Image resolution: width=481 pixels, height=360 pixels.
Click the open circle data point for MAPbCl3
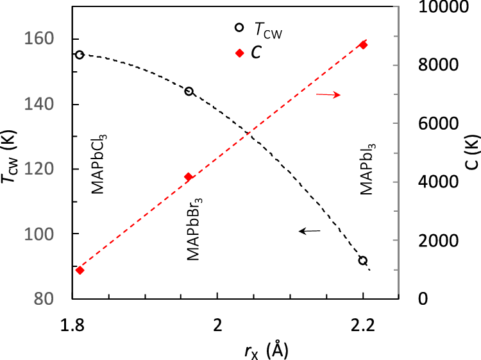point(80,55)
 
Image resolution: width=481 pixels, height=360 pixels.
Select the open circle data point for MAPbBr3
point(189,91)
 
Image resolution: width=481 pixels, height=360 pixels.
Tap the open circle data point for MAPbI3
point(363,261)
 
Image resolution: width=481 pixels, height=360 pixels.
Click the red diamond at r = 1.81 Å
point(80,270)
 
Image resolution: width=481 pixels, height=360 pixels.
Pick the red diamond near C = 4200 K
point(189,177)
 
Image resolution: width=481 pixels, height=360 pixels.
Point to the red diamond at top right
point(363,45)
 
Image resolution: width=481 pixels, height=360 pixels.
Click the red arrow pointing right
point(328,95)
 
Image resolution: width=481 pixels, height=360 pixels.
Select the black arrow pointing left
point(312,230)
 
